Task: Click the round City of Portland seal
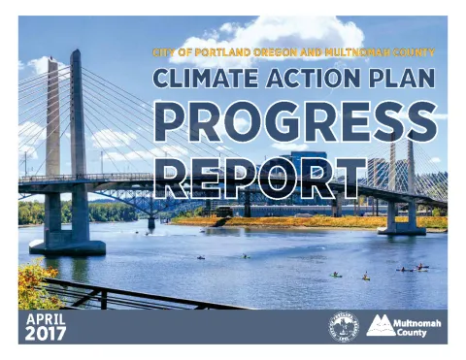coord(344,326)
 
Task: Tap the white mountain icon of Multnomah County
coord(381,326)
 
